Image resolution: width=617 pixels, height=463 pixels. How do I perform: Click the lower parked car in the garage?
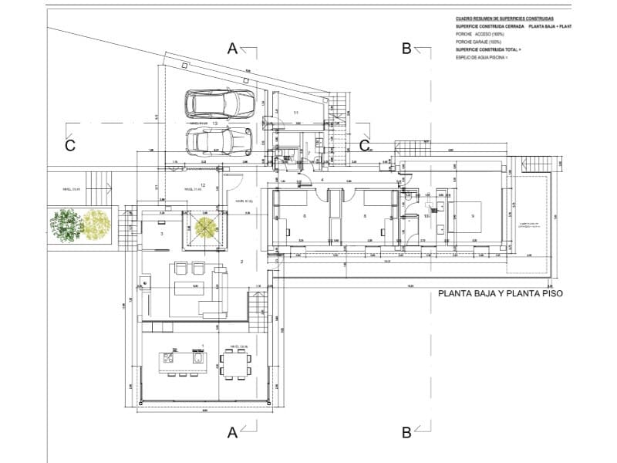pyautogui.click(x=221, y=140)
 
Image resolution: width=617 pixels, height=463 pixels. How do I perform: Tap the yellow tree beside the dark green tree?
pyautogui.click(x=97, y=225)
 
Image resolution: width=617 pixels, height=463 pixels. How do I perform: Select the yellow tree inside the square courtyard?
pyautogui.click(x=205, y=227)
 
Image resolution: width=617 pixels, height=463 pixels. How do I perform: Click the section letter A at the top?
pyautogui.click(x=232, y=48)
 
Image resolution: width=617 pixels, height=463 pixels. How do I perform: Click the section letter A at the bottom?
pyautogui.click(x=232, y=433)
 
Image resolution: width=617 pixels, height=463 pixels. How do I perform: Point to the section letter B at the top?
pyautogui.click(x=406, y=48)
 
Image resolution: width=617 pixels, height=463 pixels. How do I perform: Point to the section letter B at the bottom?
pyautogui.click(x=406, y=433)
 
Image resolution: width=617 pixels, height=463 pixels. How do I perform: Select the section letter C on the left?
pyautogui.click(x=69, y=146)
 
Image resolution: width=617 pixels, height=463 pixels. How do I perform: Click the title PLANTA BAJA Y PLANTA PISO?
pyautogui.click(x=501, y=293)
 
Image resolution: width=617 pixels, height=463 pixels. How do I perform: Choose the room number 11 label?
pyautogui.click(x=295, y=113)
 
